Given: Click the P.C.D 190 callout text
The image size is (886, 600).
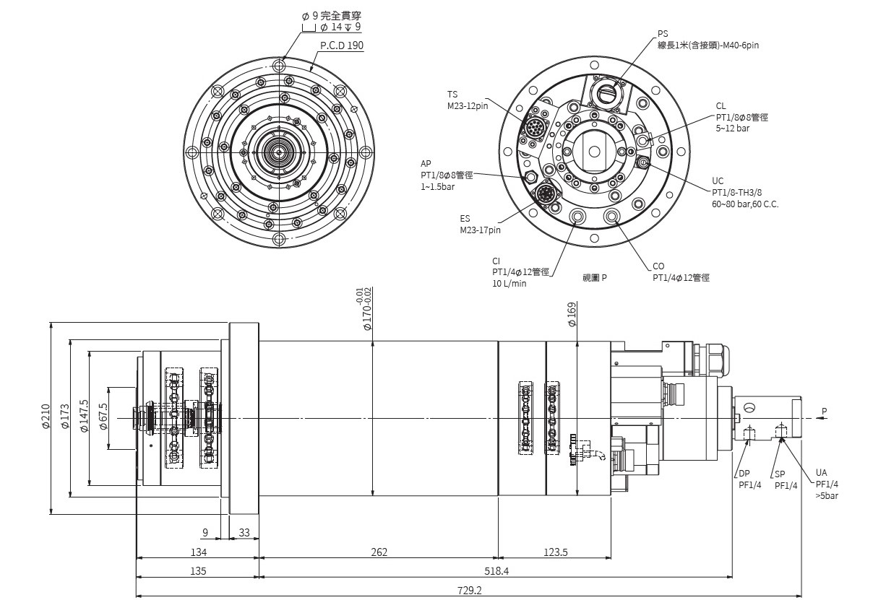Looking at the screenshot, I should click(x=342, y=45).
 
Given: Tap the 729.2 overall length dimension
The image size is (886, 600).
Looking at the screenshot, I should click(x=469, y=590).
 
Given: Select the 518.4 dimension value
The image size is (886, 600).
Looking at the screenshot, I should click(x=496, y=570).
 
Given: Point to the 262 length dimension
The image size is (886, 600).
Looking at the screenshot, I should click(x=379, y=552).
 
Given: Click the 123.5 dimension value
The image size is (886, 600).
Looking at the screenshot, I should click(x=555, y=552).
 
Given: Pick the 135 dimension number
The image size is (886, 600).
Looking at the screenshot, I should click(x=198, y=570).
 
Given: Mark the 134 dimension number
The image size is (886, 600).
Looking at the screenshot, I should click(x=198, y=552).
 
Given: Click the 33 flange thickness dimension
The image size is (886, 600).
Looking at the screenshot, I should click(x=244, y=533).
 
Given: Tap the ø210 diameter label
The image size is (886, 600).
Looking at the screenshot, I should click(x=46, y=417).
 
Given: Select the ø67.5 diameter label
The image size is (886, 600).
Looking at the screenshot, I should click(x=103, y=417).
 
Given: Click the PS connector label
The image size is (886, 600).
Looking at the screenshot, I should click(x=663, y=34).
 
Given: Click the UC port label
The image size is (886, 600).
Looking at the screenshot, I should click(x=718, y=181).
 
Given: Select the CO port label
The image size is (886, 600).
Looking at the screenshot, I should click(x=658, y=266).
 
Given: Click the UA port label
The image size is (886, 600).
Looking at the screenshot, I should click(x=821, y=473).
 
